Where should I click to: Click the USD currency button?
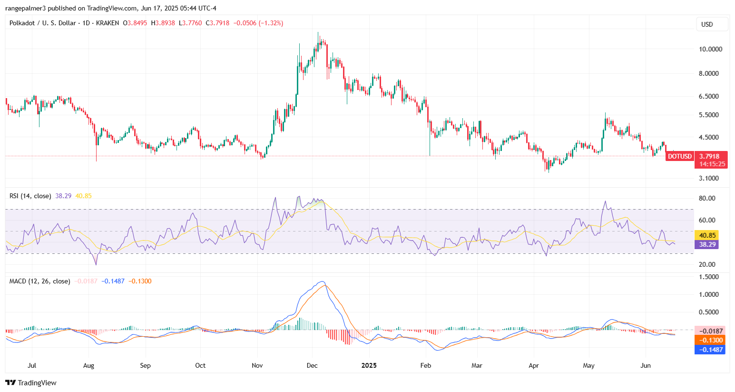707,24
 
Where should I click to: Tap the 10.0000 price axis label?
710,49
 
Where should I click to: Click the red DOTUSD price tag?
679,156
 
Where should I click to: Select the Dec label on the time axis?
312,365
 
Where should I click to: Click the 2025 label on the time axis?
369,365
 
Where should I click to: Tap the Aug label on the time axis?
88,365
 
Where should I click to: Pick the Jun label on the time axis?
646,365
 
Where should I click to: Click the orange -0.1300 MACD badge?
710,340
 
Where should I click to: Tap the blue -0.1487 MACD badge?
710,350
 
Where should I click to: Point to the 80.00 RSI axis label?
707,198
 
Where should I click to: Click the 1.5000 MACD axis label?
708,277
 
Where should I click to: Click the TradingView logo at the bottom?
31,382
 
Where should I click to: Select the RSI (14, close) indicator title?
30,196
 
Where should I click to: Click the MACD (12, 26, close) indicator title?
39,281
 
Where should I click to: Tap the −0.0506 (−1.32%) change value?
258,23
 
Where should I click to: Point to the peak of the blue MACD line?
323,281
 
